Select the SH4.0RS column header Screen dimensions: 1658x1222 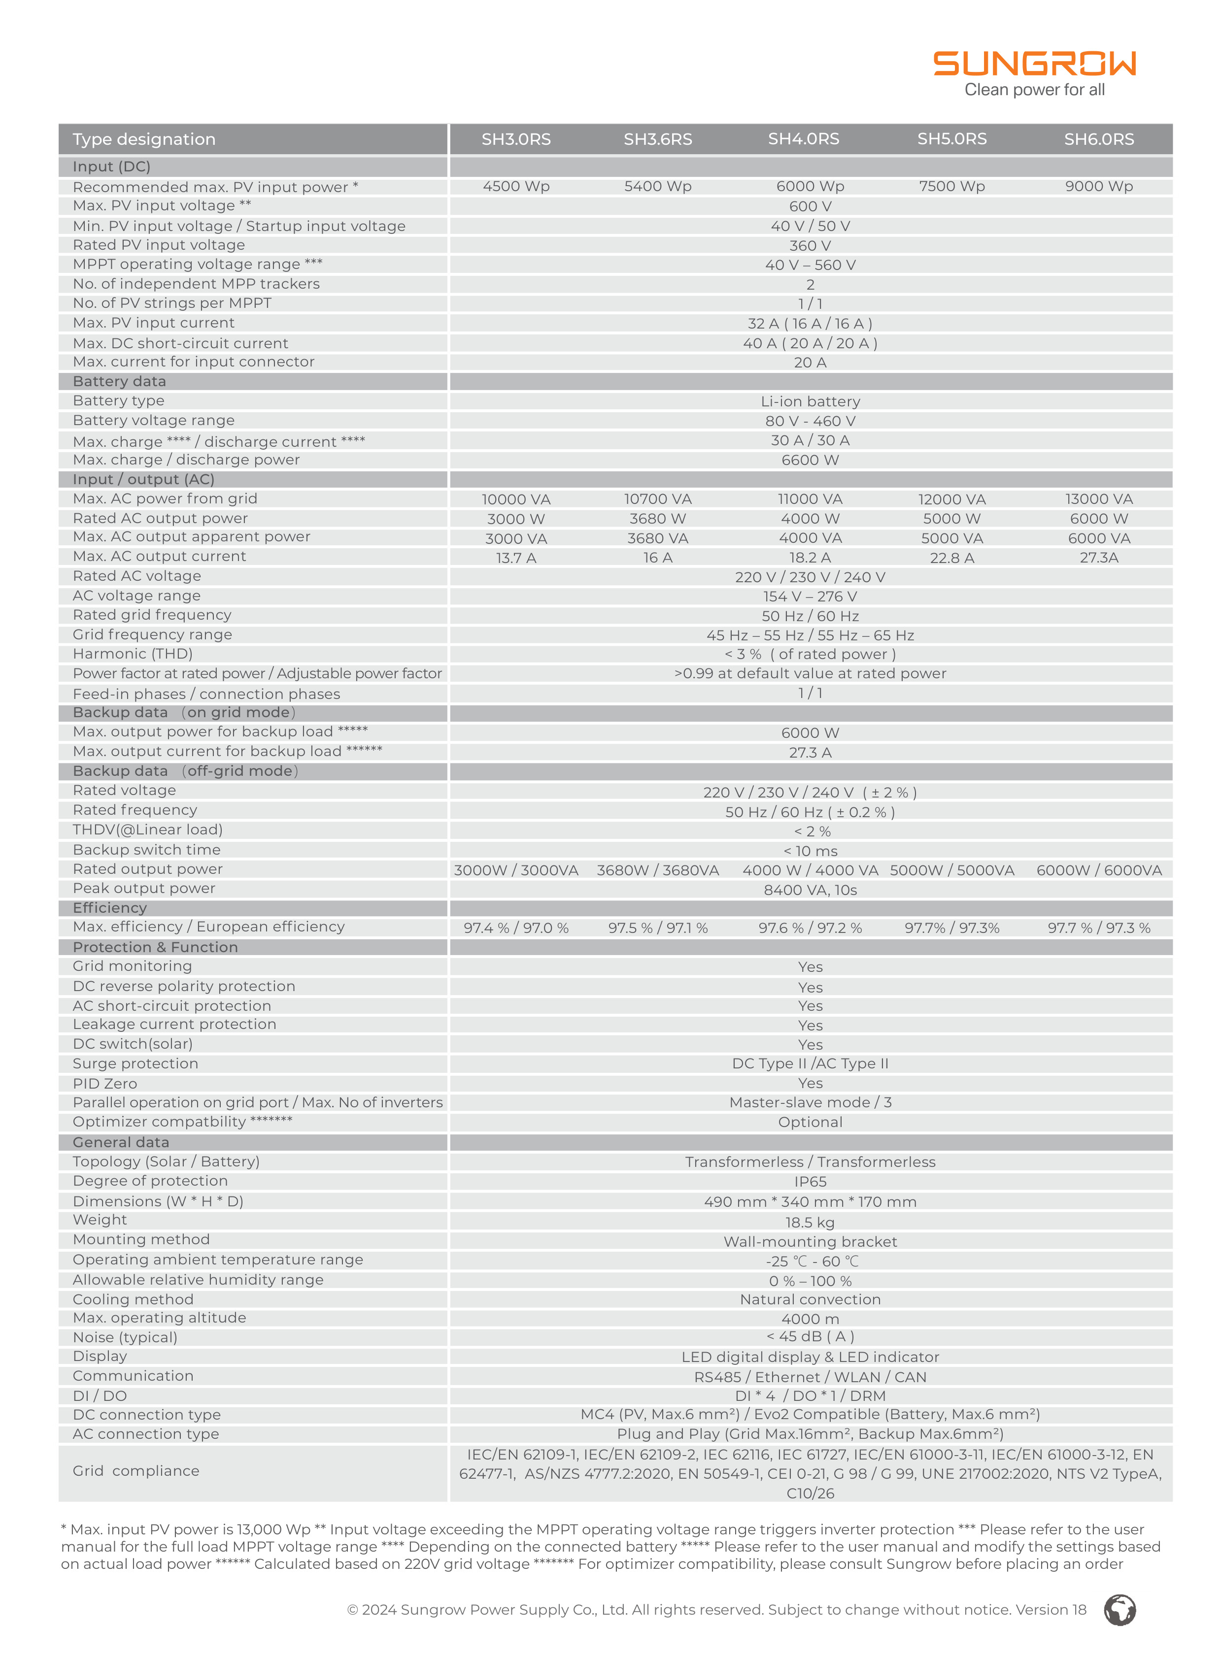point(803,139)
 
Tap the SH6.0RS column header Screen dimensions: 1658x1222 point(1098,139)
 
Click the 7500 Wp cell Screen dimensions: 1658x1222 point(951,186)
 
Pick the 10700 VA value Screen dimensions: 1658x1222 point(658,499)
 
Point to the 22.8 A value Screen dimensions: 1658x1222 point(951,558)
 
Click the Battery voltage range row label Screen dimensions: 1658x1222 point(153,420)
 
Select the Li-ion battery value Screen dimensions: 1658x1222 point(810,401)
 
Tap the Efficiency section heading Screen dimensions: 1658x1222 point(109,907)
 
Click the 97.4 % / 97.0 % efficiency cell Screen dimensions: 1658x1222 point(515,928)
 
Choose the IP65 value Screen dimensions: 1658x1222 point(810,1182)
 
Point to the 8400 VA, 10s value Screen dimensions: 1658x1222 point(810,890)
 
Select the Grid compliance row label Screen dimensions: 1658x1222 point(136,1471)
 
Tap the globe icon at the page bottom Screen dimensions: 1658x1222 point(1119,1610)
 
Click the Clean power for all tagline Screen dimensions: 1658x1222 point(1034,90)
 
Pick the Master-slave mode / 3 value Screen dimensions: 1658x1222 point(810,1102)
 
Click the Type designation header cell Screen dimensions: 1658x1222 point(144,139)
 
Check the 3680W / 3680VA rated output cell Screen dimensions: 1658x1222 point(658,870)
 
